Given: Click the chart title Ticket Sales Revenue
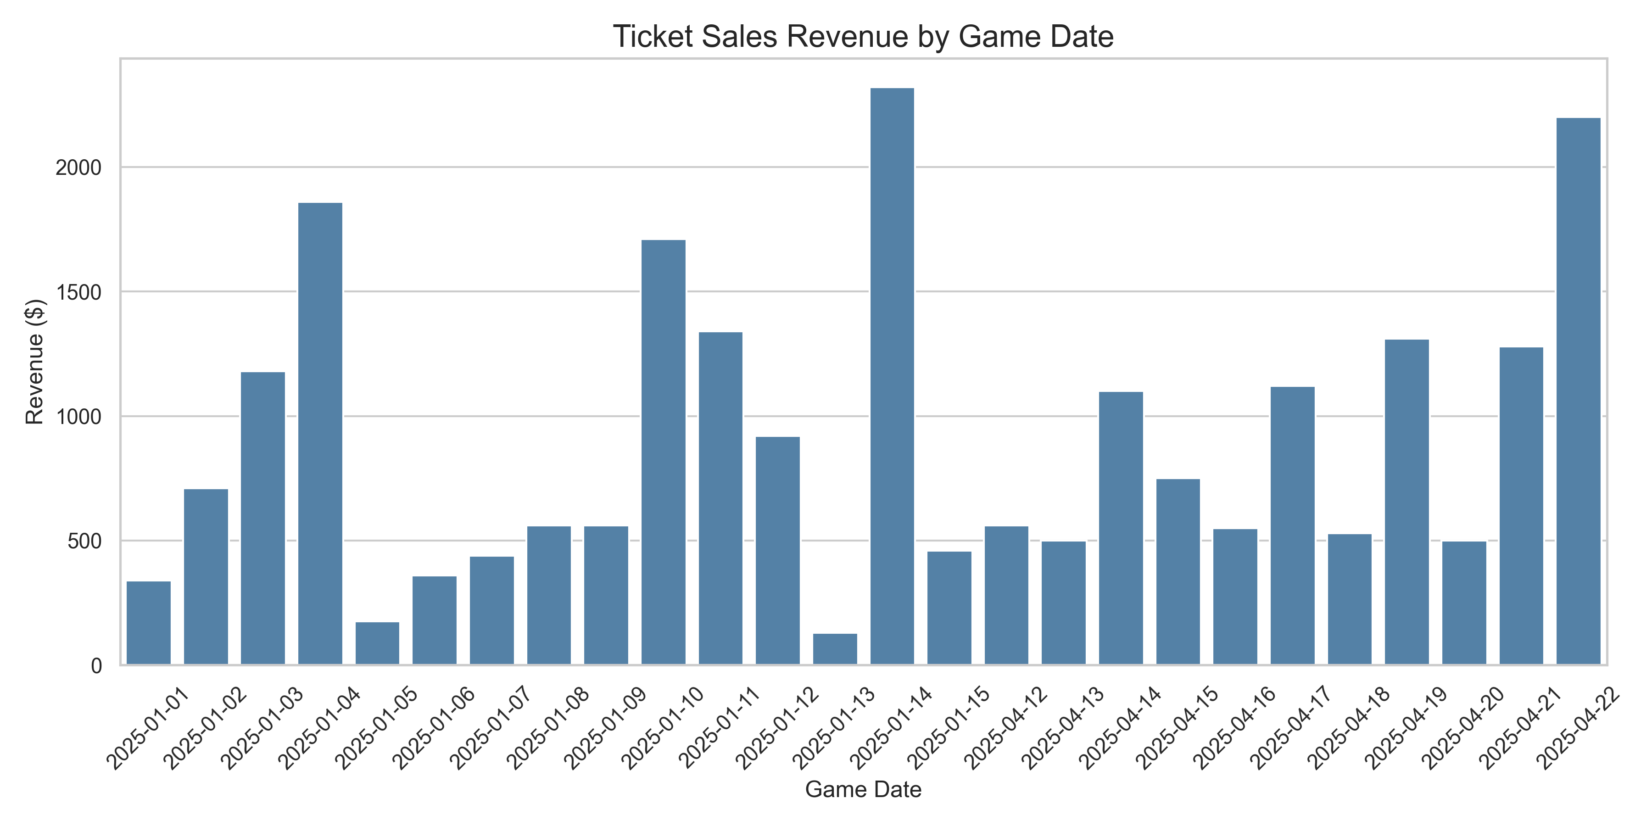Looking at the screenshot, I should tap(863, 37).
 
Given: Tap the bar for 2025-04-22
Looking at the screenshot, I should tap(1578, 391).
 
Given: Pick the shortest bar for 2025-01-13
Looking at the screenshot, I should tap(835, 649).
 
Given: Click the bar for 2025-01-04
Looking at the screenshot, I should tap(320, 434).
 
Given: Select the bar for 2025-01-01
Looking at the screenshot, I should tap(149, 623).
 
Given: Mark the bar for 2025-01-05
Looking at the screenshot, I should tap(377, 643).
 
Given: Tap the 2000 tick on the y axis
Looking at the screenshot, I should tap(78, 168).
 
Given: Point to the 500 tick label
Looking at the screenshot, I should tap(84, 542).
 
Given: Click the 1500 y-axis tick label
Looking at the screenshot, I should tap(78, 292).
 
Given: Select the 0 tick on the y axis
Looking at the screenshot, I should tap(96, 666).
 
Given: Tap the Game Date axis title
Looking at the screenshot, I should tap(863, 789).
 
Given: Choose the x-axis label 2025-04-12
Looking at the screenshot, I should tap(1005, 729).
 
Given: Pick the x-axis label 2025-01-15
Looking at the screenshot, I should tap(949, 729).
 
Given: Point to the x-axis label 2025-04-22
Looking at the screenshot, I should tap(1577, 729).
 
